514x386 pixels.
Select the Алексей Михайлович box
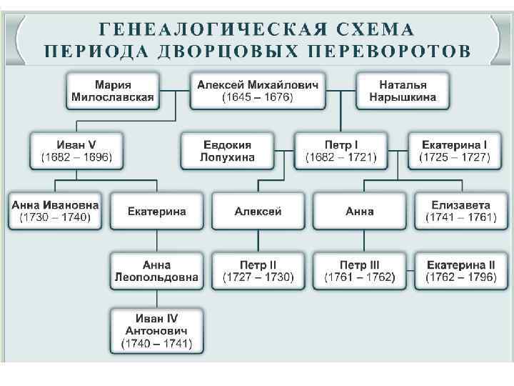(x=258, y=91)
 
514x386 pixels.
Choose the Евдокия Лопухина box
(x=228, y=150)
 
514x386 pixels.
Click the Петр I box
(x=341, y=150)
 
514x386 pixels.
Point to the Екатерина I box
(x=454, y=150)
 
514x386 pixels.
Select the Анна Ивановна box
(x=56, y=210)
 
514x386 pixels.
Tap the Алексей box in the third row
(x=258, y=211)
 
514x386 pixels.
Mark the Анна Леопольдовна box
(x=156, y=271)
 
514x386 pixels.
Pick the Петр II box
(x=258, y=271)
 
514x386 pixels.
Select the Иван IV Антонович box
(x=156, y=331)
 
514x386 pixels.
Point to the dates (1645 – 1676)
(x=258, y=97)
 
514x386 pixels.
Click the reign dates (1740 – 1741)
(x=156, y=344)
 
